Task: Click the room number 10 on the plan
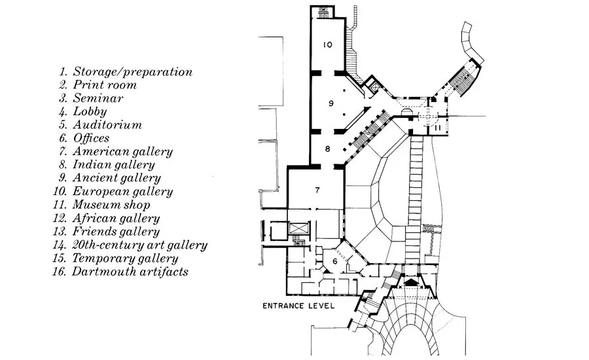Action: [x=328, y=45]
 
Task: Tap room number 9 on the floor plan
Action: [x=330, y=103]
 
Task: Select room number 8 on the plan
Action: [x=328, y=149]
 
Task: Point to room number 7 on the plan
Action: [x=317, y=190]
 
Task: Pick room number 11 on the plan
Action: [x=437, y=128]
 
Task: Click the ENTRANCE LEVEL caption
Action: [x=298, y=306]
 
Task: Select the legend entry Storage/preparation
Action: [x=133, y=72]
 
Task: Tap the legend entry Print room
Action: [x=105, y=85]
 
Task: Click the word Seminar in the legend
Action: [x=98, y=98]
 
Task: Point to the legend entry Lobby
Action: [x=90, y=112]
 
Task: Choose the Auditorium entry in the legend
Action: [x=107, y=125]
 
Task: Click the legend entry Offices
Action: [x=91, y=138]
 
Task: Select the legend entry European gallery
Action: [x=122, y=191]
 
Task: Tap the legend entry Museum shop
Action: [x=111, y=204]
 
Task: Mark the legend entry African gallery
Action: [x=116, y=218]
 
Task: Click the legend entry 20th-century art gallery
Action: [x=140, y=245]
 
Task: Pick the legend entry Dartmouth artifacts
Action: [x=130, y=272]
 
